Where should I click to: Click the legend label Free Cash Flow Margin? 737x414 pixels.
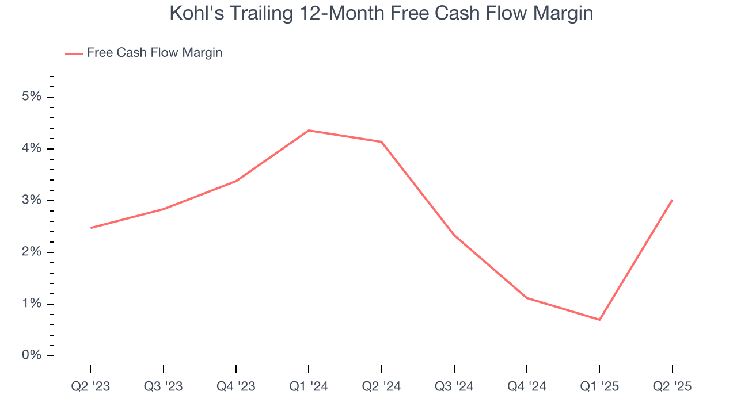[x=154, y=53]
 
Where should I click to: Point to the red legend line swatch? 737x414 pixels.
[x=74, y=53]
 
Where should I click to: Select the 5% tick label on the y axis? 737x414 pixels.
[x=32, y=97]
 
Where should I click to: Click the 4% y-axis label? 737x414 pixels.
[x=32, y=148]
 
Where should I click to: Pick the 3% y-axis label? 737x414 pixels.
[x=32, y=200]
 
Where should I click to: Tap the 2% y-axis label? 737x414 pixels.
[x=32, y=252]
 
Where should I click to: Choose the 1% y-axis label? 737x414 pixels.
[x=32, y=304]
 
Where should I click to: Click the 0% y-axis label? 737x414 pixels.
[x=32, y=355]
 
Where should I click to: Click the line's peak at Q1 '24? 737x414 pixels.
[x=309, y=131]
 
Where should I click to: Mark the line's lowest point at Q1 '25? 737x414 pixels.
[x=599, y=320]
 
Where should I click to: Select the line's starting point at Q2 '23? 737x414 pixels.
[x=91, y=228]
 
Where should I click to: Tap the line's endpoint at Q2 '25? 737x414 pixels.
[x=672, y=200]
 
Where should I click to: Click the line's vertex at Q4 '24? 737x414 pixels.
[x=527, y=298]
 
